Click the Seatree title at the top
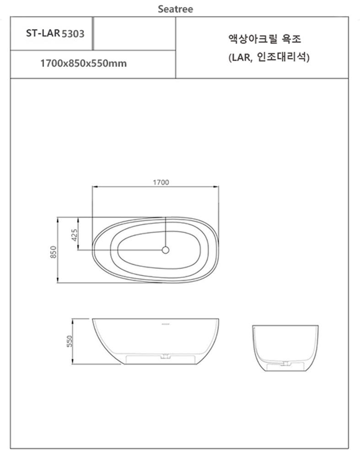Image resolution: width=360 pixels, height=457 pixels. tap(175, 9)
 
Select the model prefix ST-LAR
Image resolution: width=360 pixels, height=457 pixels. tap(43, 33)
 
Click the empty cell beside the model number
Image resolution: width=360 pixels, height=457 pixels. tap(134, 33)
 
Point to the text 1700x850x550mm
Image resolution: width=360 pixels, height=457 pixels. tap(84, 64)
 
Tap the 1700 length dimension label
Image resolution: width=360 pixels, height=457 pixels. tap(161, 182)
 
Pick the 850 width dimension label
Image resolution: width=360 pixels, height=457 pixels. tap(53, 251)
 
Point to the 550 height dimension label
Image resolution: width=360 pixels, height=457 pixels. tap(70, 341)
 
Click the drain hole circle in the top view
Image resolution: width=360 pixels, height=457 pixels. tap(166, 250)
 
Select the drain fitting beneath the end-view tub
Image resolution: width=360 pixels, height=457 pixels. tap(285, 364)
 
